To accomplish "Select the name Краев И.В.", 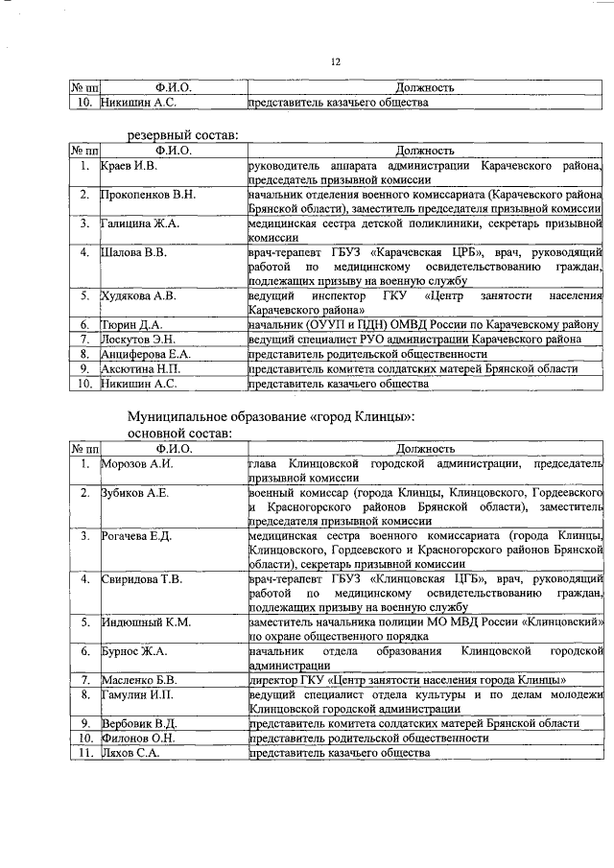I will click(130, 166).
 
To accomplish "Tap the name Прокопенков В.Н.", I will click(149, 195).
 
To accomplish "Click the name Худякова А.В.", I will click(139, 296).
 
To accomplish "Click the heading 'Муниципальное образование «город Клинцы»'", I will click(272, 416).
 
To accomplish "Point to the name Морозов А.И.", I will click(137, 463).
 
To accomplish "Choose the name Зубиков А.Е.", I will click(135, 493).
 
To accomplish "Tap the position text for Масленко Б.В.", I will click(406, 680).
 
